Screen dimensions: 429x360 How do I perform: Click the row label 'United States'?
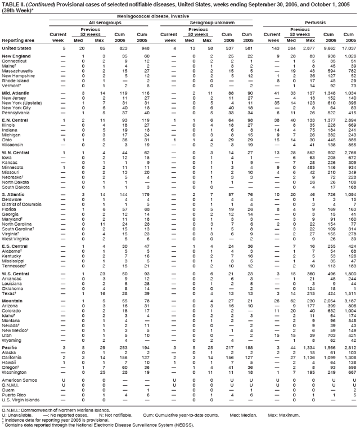pyautogui.click(x=16, y=49)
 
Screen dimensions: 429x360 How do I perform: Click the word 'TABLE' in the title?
pyautogui.click(x=10, y=3)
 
